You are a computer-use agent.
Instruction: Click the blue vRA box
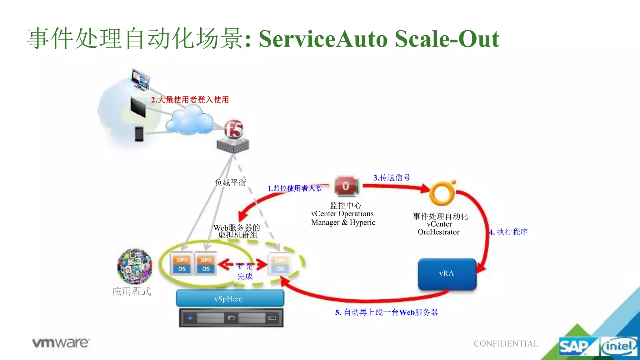pos(447,274)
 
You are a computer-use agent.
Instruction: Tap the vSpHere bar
pos(230,298)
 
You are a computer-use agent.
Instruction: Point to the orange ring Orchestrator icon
pos(442,193)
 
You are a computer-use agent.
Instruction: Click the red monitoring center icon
pos(346,186)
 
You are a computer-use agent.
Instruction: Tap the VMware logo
pos(61,343)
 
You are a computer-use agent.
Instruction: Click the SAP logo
pos(574,346)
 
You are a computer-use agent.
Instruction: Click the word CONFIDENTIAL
pos(506,343)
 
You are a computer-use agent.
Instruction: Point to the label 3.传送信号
pos(392,178)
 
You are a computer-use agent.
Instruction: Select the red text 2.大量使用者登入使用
pos(190,100)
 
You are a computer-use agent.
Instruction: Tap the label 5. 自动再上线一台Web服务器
pos(386,312)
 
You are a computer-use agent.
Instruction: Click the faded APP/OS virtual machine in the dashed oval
pos(280,264)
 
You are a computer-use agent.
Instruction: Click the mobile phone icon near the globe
pos(139,134)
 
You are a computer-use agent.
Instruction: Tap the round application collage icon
pos(135,266)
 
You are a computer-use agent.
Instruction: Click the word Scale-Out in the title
pos(447,39)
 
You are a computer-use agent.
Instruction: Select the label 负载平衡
pos(230,182)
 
